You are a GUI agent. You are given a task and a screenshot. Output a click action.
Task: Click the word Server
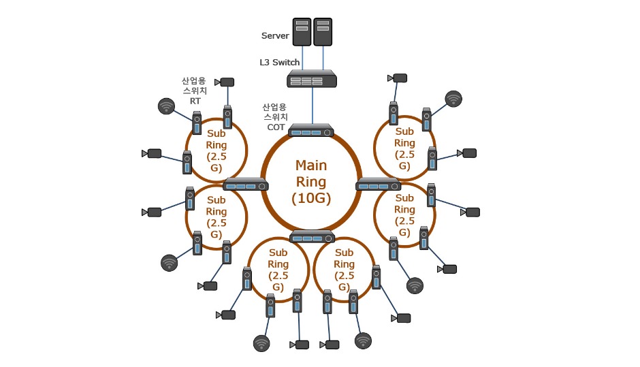pos(276,35)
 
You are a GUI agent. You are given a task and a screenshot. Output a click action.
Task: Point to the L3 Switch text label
pos(279,62)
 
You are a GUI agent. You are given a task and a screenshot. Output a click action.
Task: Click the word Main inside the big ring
pos(311,165)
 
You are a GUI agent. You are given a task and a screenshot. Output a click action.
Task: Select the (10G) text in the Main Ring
pos(310,198)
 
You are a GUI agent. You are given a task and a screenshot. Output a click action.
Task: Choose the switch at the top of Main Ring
pos(311,130)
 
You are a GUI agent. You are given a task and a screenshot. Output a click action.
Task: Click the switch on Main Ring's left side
pos(246,184)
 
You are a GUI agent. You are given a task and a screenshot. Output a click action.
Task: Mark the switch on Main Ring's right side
pos(379,184)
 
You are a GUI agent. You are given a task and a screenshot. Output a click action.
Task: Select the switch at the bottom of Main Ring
pos(312,236)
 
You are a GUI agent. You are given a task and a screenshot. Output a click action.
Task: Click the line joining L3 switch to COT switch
pos(312,106)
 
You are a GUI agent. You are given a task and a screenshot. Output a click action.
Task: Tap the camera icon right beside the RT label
pos(226,82)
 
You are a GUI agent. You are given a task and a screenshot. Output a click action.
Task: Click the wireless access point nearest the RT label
pos(166,106)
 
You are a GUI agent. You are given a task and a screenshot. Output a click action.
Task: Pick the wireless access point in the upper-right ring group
pos(453,99)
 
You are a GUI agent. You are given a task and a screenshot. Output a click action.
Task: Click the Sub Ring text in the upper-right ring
pos(404,137)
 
